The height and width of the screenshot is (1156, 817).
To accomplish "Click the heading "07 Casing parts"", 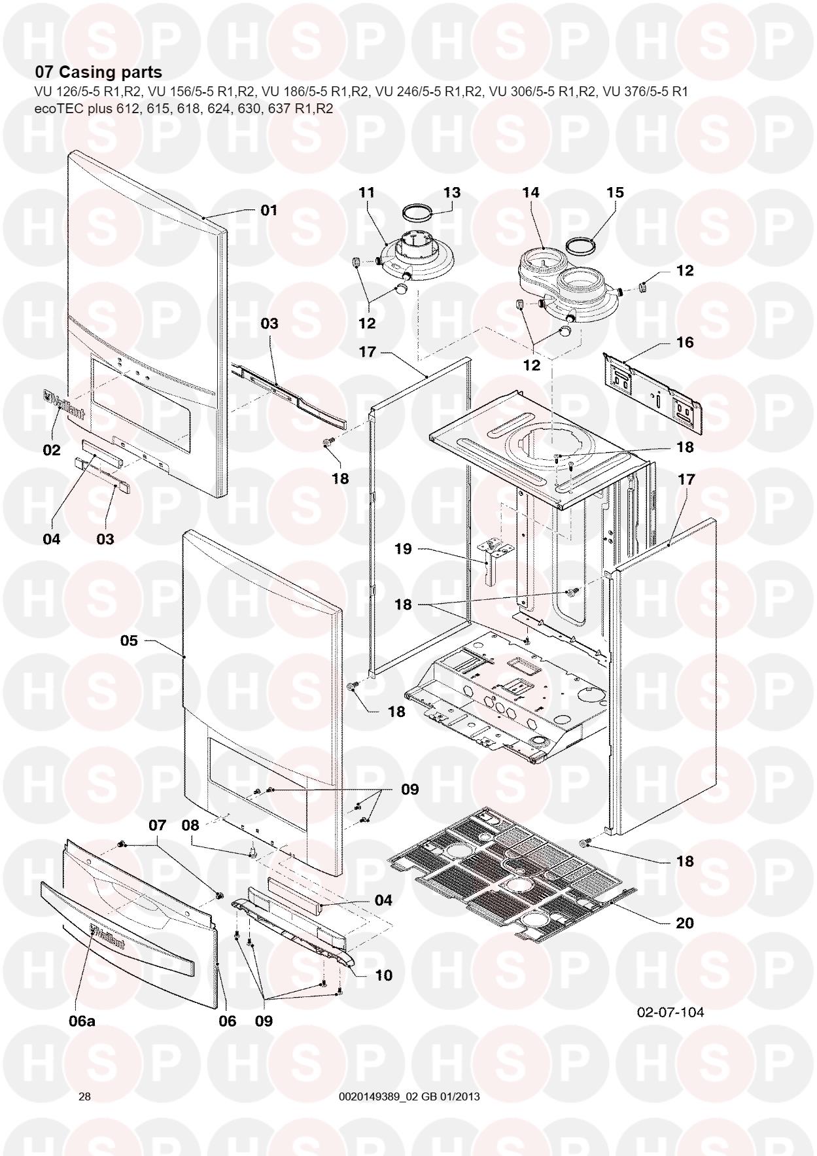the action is click(98, 72).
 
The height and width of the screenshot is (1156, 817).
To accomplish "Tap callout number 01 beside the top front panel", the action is click(269, 210).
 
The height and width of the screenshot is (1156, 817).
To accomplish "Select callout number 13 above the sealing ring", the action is click(452, 192).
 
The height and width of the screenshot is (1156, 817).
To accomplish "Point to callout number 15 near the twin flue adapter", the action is click(615, 192).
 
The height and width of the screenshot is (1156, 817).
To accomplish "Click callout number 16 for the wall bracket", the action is click(685, 342).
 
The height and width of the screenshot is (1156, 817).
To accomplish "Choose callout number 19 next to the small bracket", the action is click(404, 549).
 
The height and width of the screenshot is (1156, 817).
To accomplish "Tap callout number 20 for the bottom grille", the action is click(685, 923).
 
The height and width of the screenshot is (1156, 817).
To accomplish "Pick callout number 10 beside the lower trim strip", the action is click(384, 975).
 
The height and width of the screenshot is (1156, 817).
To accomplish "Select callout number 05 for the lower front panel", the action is click(130, 640).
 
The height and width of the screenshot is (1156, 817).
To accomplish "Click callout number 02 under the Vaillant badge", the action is click(52, 450).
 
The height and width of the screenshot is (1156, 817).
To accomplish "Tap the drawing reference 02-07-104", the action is click(671, 1012).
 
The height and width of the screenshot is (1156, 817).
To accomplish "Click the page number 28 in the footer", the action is click(84, 1096).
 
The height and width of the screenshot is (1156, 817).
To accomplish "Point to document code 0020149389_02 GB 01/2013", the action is click(409, 1096).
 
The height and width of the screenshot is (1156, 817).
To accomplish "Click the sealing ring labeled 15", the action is click(580, 247).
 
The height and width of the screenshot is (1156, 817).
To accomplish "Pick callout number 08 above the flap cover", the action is click(190, 826).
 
